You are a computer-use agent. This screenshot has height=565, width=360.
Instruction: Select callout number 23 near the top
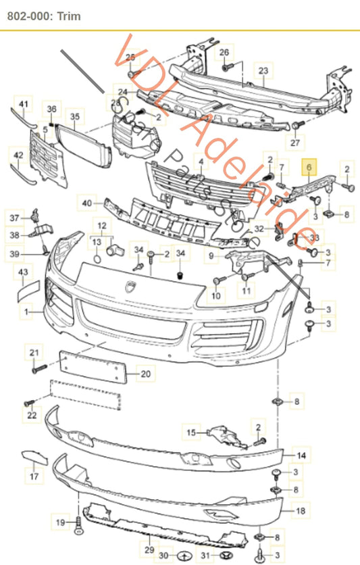(x=263, y=70)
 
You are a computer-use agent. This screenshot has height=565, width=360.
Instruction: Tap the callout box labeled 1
(x=27, y=312)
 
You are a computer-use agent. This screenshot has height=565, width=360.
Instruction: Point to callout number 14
(x=301, y=456)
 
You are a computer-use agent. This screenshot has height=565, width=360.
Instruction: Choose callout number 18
(x=301, y=512)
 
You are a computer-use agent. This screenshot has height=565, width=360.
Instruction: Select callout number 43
(x=24, y=272)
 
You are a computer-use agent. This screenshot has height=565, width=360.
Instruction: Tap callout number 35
(x=74, y=116)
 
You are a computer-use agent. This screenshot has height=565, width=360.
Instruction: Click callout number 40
(x=86, y=202)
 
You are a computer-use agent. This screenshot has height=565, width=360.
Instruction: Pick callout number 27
(x=294, y=143)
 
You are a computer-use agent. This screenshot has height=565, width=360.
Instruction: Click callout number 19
(x=60, y=522)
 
